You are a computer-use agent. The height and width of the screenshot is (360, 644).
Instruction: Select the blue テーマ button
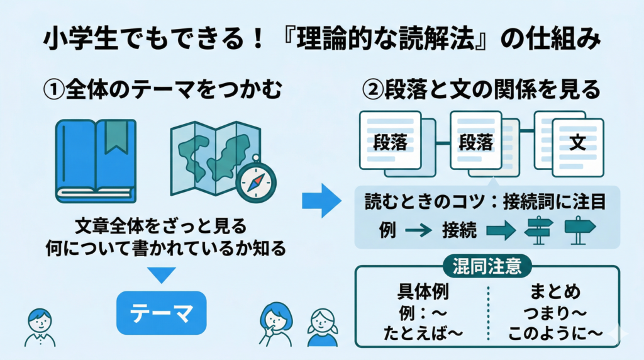161,313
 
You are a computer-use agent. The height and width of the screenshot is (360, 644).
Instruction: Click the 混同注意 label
487,266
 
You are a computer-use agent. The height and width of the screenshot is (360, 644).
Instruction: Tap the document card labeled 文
575,143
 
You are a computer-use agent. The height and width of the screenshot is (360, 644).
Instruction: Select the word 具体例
423,292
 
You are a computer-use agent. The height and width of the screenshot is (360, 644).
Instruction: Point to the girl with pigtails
322,324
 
